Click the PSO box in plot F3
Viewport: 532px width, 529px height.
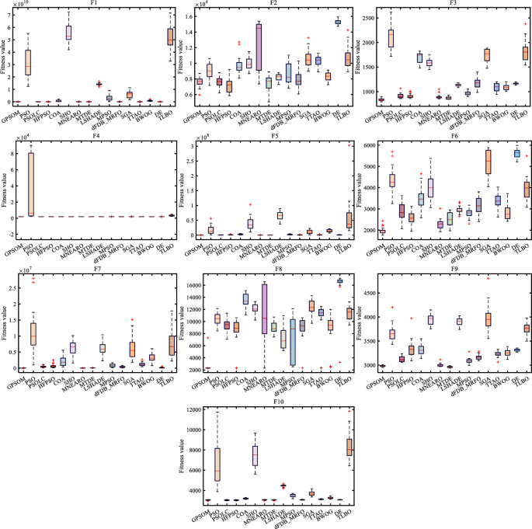pos(391,37)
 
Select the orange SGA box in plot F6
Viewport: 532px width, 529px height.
pos(488,162)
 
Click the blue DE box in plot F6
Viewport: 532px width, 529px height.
pos(517,153)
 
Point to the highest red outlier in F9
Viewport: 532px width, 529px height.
pos(488,277)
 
